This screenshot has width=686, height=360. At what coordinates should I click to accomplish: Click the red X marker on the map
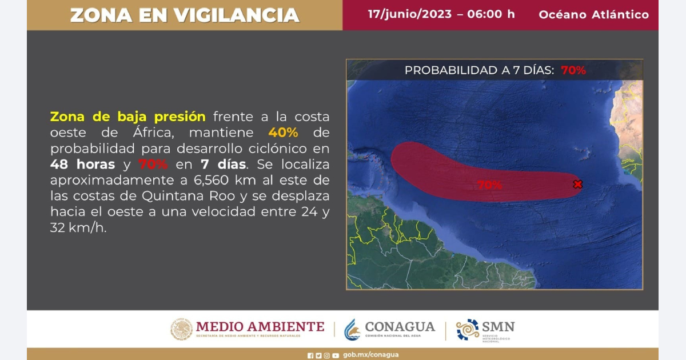click(x=577, y=184)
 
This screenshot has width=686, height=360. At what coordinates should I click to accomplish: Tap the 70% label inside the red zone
click(x=489, y=185)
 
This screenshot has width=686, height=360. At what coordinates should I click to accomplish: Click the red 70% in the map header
click(x=573, y=70)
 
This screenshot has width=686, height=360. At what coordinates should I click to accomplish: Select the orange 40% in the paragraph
click(x=283, y=133)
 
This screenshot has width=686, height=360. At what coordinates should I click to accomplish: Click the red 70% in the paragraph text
click(x=153, y=165)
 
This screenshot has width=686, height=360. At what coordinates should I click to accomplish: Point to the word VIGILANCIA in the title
click(x=237, y=15)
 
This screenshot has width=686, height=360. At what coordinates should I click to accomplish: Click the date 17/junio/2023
click(x=410, y=14)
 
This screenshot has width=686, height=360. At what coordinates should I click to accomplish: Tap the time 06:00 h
click(x=491, y=14)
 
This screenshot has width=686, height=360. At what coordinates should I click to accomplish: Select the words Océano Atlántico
click(x=594, y=15)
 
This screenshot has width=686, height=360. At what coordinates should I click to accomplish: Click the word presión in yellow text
click(x=180, y=117)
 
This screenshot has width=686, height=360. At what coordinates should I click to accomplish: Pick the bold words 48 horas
click(x=83, y=165)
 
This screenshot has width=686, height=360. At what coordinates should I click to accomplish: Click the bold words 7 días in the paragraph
click(x=224, y=165)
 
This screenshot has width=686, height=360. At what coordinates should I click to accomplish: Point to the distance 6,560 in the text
click(x=211, y=181)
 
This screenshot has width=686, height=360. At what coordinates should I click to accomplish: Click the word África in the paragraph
click(x=153, y=132)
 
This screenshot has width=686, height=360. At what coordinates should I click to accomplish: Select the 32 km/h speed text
click(x=78, y=228)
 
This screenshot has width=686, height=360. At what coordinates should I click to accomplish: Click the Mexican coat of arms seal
click(x=181, y=329)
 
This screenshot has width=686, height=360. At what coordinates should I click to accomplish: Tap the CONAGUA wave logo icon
click(x=352, y=330)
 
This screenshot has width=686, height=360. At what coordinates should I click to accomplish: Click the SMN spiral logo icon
click(x=468, y=329)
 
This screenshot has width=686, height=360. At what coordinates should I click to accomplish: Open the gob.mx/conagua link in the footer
click(x=371, y=354)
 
